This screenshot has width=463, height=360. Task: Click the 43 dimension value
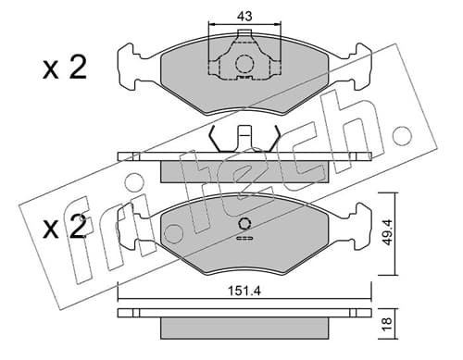pyautogui.click(x=244, y=16)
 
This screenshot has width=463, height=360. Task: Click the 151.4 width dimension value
pyautogui.click(x=244, y=291)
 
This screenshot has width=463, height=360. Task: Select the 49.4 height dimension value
pyautogui.click(x=387, y=232)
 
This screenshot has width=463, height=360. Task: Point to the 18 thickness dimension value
pyautogui.click(x=387, y=323)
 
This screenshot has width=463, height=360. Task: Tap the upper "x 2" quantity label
pyautogui.click(x=65, y=68)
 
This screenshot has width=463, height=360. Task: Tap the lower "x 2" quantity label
pyautogui.click(x=65, y=228)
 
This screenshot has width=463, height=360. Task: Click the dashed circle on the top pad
pyautogui.click(x=244, y=64)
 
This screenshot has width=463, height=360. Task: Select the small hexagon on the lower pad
pyautogui.click(x=244, y=224)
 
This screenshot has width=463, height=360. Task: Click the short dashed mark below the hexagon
pyautogui.click(x=244, y=238)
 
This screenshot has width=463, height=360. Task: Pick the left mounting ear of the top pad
pyautogui.click(x=129, y=67)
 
